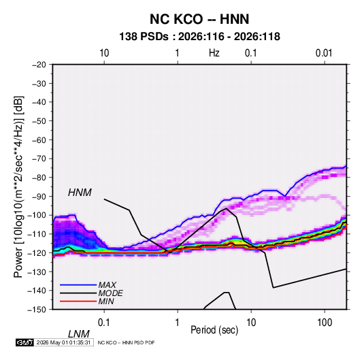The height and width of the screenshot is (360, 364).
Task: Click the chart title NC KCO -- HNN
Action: tap(199, 19)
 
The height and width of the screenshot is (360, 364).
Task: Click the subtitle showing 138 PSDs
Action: tap(199, 37)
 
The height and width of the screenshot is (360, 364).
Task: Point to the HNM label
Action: tap(80, 193)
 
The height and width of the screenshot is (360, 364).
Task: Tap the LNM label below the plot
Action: tap(78, 334)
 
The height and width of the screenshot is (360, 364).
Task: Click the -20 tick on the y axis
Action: tap(39, 65)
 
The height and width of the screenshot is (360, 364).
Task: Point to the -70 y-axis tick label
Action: tap(39, 159)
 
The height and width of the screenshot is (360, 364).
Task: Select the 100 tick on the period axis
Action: tap(325, 323)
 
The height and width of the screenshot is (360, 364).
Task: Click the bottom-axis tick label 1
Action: tap(177, 323)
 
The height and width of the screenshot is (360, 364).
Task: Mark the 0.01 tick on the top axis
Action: tap(324, 53)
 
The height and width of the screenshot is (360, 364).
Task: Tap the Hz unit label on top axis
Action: tap(214, 53)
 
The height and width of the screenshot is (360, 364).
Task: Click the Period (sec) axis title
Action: tap(214, 330)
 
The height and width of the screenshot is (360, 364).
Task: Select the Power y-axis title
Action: tap(18, 187)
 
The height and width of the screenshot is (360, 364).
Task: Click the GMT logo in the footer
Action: tap(25, 342)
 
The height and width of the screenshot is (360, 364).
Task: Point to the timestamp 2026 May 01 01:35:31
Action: tap(63, 342)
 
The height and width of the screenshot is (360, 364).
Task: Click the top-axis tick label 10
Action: tap(104, 53)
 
